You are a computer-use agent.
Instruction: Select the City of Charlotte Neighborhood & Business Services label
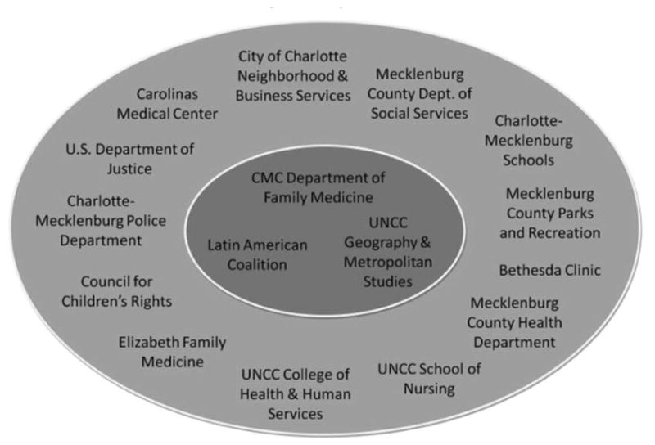[x=293, y=76]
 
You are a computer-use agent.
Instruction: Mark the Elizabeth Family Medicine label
[x=172, y=352]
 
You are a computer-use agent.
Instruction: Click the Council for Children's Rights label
[x=126, y=291]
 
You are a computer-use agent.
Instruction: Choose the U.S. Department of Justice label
[x=120, y=159]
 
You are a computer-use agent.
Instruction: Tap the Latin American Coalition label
[x=257, y=254]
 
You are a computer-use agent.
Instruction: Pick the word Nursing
[x=428, y=388]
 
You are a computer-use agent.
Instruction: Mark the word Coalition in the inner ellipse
[x=257, y=263]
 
